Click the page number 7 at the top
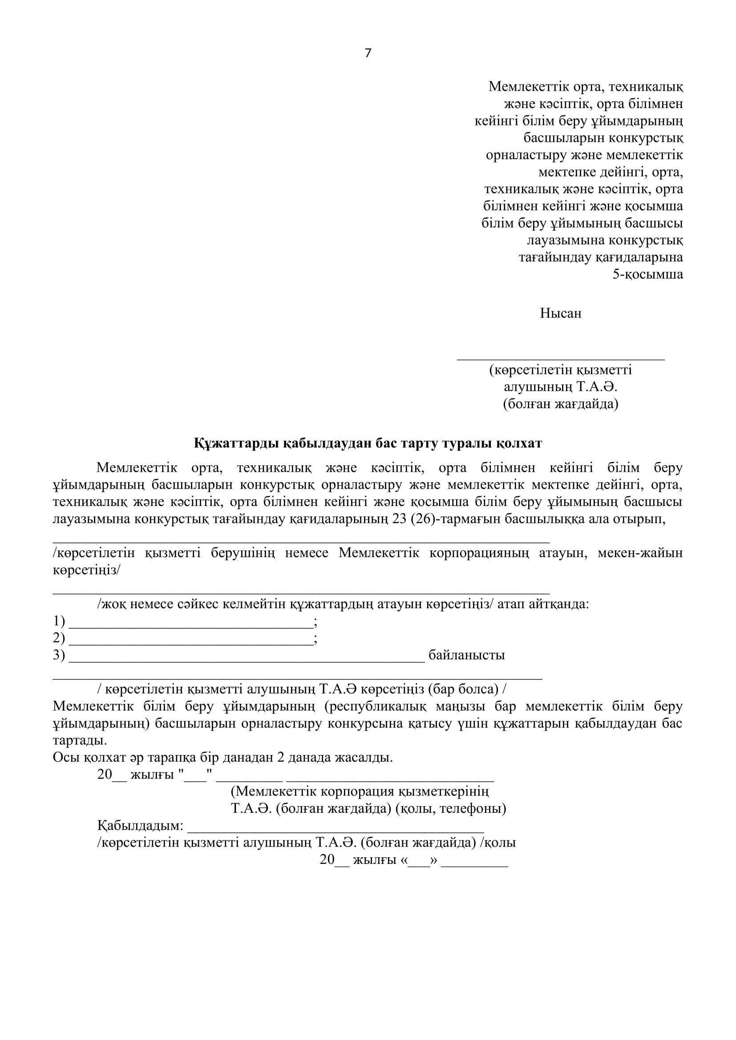[368, 53]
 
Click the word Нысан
[560, 313]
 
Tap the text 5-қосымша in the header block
[647, 274]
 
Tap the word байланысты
[466, 655]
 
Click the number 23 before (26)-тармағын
[400, 519]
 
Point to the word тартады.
[80, 741]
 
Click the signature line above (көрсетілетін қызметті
[560, 359]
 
